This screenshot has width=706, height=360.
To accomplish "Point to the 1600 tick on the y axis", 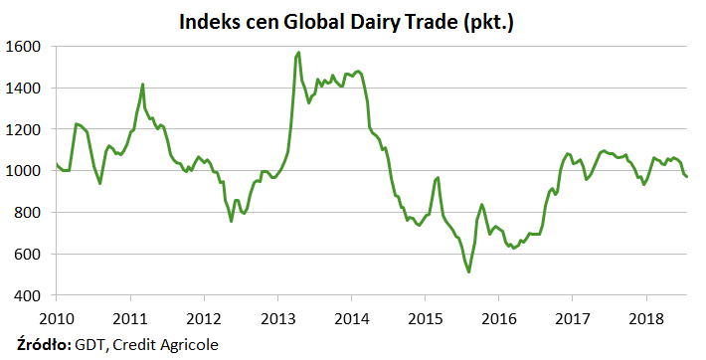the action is coord(23,47).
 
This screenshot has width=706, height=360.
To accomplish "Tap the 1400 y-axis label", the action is coord(23,88).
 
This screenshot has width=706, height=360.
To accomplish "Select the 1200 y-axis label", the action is coord(23,129).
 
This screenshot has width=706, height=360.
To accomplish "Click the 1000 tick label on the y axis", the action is coord(23,171).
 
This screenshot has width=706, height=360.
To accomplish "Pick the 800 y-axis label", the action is coord(27,212).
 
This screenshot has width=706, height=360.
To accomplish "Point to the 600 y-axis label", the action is coord(27,255).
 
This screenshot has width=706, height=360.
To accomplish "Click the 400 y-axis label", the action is coord(27,295).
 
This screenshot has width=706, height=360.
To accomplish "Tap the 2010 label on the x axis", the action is coord(57,319).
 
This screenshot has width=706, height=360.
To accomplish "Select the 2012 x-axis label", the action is coord(204,319).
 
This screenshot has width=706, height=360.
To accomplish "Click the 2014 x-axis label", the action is coord(352,319).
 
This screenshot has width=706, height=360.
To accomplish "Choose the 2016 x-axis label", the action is coord(499,319).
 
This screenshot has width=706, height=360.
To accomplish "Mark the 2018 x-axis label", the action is coord(646,319).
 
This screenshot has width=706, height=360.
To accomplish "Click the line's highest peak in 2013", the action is coord(298,53).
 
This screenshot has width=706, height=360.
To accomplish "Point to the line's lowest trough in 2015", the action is coord(468,271).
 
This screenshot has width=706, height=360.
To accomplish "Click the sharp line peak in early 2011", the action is coord(143,84).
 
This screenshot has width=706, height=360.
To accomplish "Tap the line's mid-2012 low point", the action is coord(231,221).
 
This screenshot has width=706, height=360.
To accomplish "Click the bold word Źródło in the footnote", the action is coord(44,345).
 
